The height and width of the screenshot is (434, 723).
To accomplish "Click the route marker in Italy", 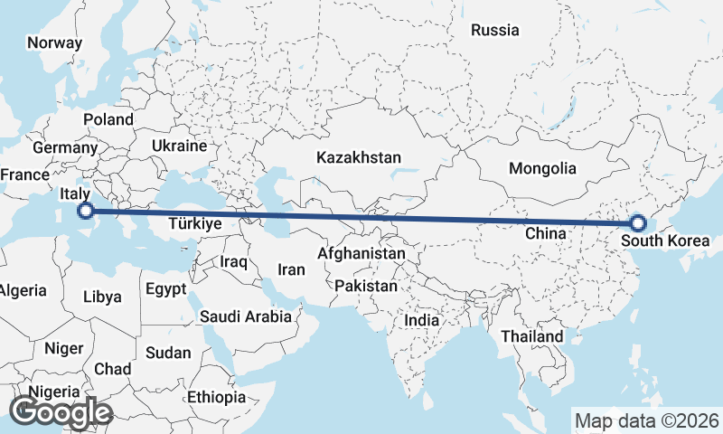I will click(x=85, y=212).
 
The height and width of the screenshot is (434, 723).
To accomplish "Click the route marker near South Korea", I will click(x=638, y=222).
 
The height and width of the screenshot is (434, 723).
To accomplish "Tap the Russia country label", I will click(x=495, y=30).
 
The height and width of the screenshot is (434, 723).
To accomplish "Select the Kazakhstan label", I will click(x=359, y=157).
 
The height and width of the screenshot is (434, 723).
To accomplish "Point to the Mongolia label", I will click(x=542, y=168).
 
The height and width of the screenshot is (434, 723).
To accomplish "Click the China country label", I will click(x=545, y=233).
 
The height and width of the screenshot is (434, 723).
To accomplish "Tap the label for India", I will click(x=422, y=320).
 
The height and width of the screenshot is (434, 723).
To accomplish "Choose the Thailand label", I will click(x=532, y=336).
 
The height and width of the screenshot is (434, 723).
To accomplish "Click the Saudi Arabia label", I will click(x=246, y=316).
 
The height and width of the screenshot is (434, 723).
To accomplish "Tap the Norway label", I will click(x=54, y=42).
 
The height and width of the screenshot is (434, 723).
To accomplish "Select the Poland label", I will click(x=108, y=119).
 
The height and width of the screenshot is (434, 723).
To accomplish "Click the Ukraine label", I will click(x=179, y=146).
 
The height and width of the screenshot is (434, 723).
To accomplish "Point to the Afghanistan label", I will click(x=361, y=254).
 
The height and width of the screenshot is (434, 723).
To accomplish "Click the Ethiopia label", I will click(x=217, y=397).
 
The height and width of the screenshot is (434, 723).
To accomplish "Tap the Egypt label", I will click(x=165, y=290).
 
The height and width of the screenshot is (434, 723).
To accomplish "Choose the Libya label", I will click(x=101, y=297).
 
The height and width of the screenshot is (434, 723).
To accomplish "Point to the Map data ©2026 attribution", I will click(x=647, y=420).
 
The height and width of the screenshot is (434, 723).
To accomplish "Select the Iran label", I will click(x=292, y=269).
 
